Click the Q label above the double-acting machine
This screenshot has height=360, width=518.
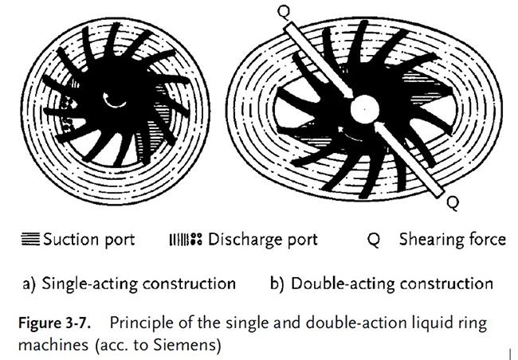285,12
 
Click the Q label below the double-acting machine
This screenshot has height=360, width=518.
453,203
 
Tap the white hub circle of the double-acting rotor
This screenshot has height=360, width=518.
364,109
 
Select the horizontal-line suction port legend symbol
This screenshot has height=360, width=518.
30,239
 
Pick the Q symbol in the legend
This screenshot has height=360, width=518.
374,240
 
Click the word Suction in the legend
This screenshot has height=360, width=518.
71,239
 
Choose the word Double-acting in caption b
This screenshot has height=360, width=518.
343,284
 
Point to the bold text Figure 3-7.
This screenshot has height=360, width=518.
54,323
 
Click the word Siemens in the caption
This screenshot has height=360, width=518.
186,345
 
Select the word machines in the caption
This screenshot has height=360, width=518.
53,345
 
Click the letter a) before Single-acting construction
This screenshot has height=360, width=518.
29,284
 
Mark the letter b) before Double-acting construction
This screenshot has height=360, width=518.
277,284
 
